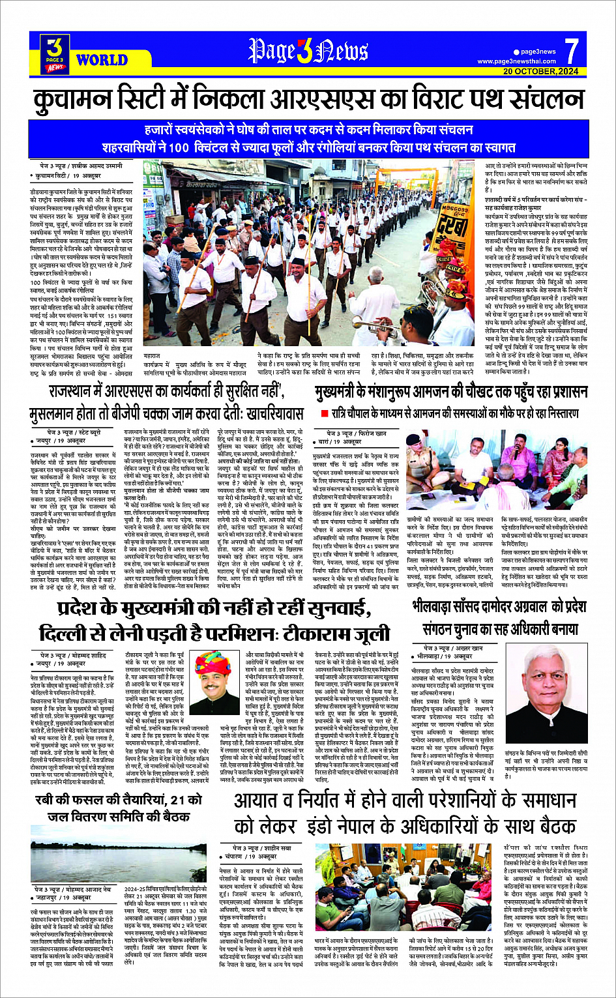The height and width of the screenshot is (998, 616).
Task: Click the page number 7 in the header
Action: [x=571, y=51]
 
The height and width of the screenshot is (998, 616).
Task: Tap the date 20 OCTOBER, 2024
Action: [x=540, y=71]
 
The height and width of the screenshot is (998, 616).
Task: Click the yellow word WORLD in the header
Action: [x=102, y=60]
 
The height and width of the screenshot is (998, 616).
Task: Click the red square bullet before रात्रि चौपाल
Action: [x=324, y=413]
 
